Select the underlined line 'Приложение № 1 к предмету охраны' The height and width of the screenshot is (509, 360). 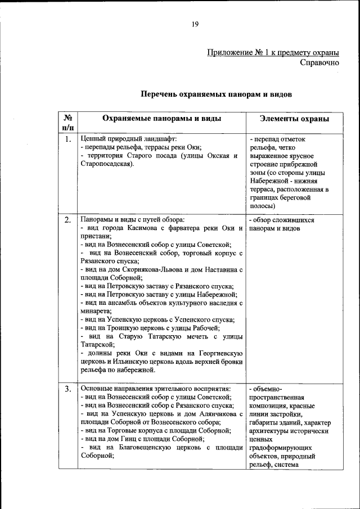click(x=273, y=53)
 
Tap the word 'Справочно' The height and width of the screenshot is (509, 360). click(x=319, y=62)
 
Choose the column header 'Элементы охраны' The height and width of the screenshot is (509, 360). click(x=294, y=119)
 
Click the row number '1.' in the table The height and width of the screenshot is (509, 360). click(x=67, y=139)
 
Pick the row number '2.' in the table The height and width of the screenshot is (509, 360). click(x=67, y=219)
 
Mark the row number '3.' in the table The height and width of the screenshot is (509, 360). click(x=67, y=389)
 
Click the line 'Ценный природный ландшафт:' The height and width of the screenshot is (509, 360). click(x=129, y=138)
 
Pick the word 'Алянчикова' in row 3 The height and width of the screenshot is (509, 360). click(x=216, y=413)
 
